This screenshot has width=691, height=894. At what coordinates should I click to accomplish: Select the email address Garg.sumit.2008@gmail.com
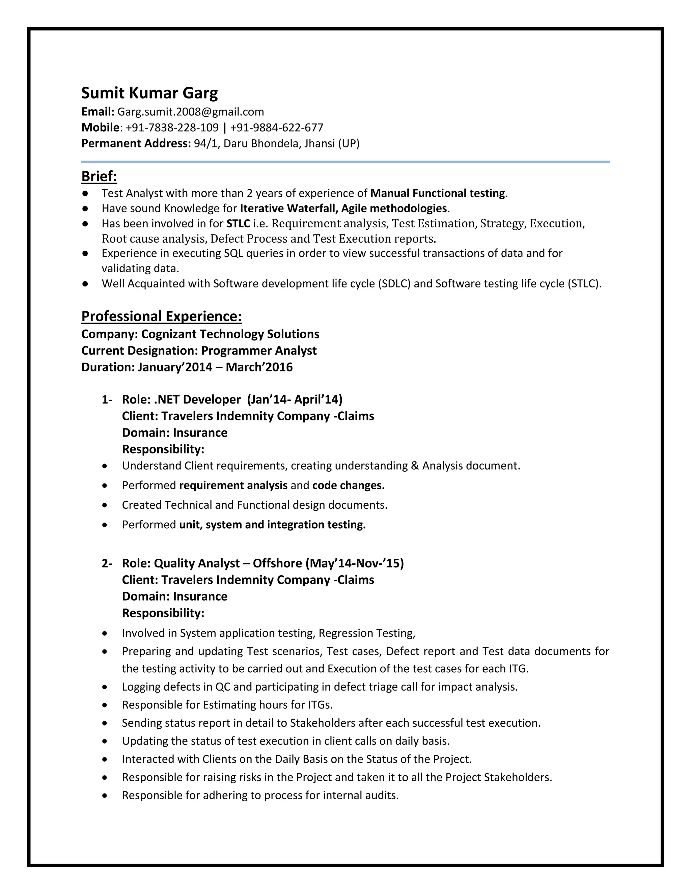[190, 112]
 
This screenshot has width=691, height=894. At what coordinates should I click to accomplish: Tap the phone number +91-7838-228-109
[172, 128]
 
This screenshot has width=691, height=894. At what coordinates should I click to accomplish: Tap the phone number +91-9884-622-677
[277, 128]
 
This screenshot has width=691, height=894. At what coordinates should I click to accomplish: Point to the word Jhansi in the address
[319, 144]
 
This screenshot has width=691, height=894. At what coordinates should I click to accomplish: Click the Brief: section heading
[99, 176]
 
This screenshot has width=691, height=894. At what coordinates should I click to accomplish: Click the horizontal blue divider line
[345, 162]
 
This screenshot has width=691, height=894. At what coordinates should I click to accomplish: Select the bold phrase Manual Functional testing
[438, 193]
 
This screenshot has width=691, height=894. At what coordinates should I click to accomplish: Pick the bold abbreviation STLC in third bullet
[238, 223]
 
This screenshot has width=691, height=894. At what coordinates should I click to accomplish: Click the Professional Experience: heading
[161, 316]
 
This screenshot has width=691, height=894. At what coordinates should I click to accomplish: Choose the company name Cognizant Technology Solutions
[230, 334]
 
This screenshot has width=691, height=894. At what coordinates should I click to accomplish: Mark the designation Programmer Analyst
[259, 351]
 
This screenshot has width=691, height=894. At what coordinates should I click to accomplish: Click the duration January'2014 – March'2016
[215, 367]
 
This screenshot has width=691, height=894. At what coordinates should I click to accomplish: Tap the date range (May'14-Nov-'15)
[355, 563]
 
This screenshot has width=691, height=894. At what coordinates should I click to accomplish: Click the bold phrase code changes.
[348, 485]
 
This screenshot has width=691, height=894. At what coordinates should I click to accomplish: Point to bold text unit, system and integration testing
[272, 525]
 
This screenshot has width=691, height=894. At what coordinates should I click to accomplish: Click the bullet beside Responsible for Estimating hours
[105, 705]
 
